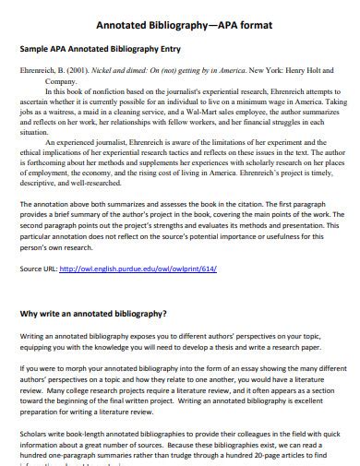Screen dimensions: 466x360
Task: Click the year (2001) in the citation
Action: pyautogui.click(x=78, y=70)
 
